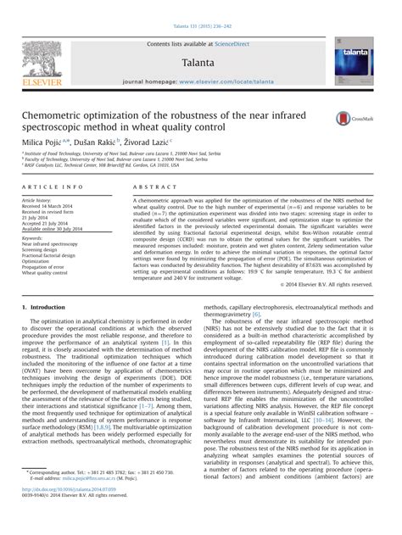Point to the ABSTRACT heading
coord(151,186)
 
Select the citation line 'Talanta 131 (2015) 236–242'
coord(200,8)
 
